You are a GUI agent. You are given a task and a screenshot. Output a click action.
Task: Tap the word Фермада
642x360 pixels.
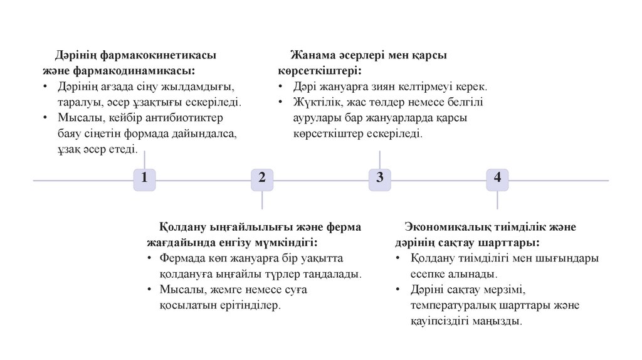(x=181, y=258)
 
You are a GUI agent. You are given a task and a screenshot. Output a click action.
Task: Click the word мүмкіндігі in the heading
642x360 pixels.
(x=283, y=242)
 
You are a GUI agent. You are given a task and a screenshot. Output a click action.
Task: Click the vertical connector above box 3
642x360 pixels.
(x=379, y=160)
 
